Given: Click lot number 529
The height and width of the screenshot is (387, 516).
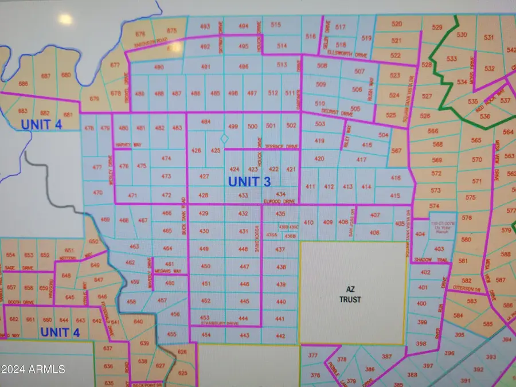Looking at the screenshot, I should (x=437, y=28).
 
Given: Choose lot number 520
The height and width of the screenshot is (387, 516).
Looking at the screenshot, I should (x=397, y=24).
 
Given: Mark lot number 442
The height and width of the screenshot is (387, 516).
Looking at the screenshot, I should (x=280, y=335).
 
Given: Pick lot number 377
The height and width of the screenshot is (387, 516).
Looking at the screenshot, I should (x=312, y=355).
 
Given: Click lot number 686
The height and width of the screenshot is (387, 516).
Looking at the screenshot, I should (x=24, y=84).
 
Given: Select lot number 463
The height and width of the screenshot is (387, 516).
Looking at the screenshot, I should (x=134, y=247).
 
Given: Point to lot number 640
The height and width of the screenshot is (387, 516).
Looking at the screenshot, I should (x=138, y=322).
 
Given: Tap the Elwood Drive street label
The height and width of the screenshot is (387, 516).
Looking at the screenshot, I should (x=279, y=201).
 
